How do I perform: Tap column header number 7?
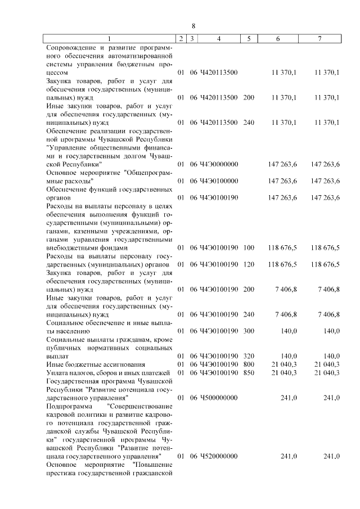(319, 38)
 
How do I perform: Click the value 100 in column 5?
(249, 247)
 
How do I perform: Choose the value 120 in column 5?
(249, 264)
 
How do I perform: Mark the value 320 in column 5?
(249, 356)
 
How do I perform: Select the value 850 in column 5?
(249, 372)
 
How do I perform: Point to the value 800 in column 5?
(249, 364)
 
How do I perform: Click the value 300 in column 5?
(249, 331)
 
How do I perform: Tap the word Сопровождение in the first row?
(71, 47)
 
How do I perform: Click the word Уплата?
(58, 372)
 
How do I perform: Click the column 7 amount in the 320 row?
(329, 356)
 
